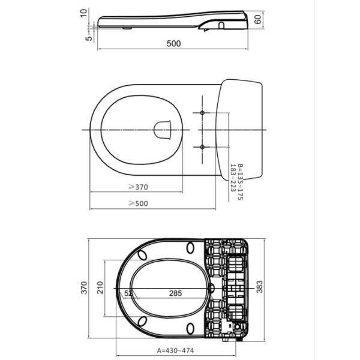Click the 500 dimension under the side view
(x=173, y=43)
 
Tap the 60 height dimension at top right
(x=257, y=19)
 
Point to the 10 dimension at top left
(x=84, y=13)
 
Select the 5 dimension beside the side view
(x=89, y=38)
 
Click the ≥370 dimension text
(x=138, y=187)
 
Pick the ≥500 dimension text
(x=138, y=203)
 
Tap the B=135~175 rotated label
(x=240, y=182)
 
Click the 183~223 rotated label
(x=233, y=178)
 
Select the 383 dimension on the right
(x=259, y=287)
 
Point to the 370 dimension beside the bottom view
(x=84, y=287)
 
